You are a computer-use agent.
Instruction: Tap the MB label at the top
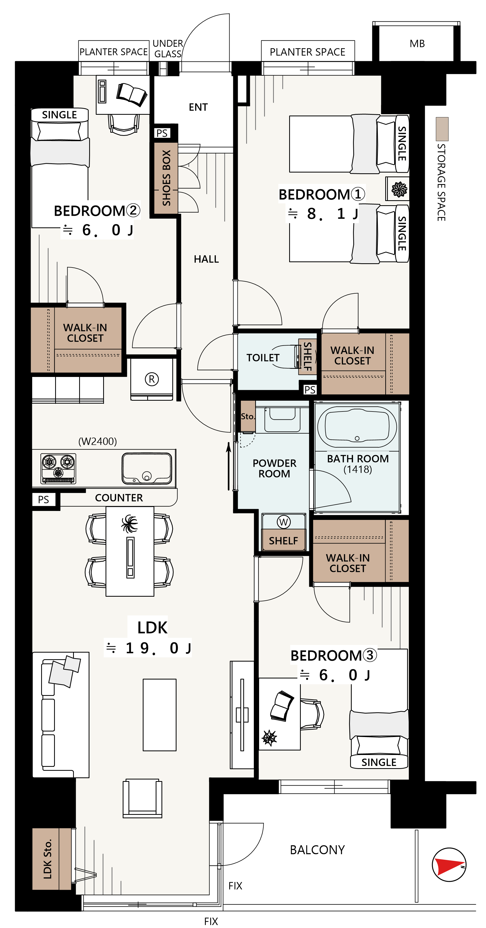[417, 44]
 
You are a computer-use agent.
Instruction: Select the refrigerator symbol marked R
[152, 379]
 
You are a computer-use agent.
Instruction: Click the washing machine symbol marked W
[284, 522]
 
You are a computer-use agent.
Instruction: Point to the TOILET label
[263, 358]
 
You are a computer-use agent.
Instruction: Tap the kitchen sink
[147, 468]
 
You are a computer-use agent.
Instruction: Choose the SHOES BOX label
[166, 178]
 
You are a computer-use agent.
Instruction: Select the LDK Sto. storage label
[47, 859]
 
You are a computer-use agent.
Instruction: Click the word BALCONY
[317, 850]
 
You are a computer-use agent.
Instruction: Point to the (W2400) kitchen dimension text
[98, 441]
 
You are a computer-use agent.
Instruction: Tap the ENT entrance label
[198, 107]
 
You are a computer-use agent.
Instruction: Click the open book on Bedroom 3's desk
[282, 706]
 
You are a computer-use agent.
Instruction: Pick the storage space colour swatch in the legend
[442, 129]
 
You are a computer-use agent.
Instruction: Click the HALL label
[206, 259]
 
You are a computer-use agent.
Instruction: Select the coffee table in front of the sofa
[160, 715]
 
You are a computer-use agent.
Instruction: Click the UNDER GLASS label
[168, 49]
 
